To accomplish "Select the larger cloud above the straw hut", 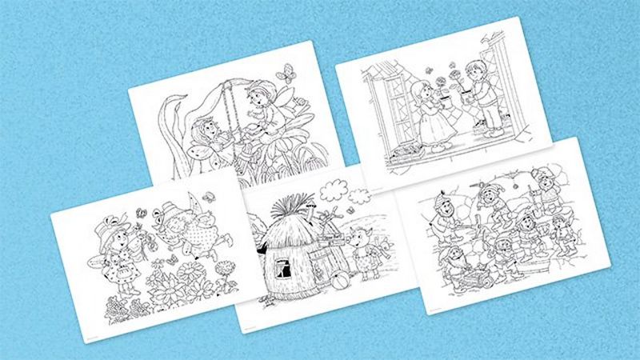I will [334, 189].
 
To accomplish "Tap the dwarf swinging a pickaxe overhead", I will [490, 199].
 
